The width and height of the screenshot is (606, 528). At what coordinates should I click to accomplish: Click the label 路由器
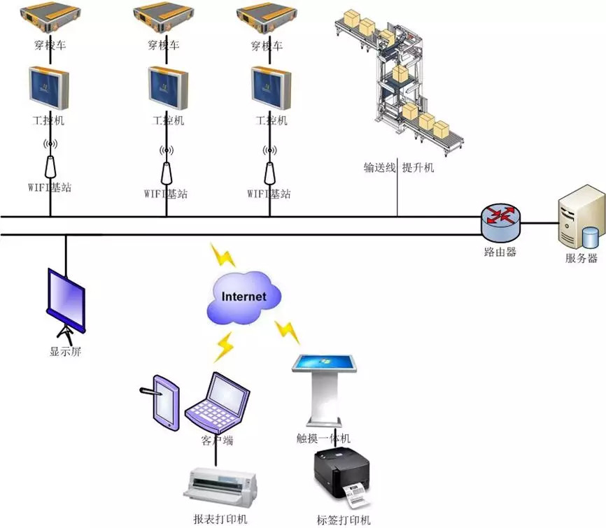[x=500, y=252]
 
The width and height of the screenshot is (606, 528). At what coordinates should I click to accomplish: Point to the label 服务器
[x=581, y=258]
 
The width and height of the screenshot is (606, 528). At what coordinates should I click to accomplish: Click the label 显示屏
[x=66, y=352]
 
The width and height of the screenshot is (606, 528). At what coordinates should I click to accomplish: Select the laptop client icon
[x=219, y=404]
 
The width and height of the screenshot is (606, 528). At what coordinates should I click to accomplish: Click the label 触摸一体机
[x=323, y=438]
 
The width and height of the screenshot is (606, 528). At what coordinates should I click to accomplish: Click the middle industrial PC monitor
[x=167, y=88]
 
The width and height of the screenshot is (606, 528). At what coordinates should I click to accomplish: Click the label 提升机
[x=418, y=168]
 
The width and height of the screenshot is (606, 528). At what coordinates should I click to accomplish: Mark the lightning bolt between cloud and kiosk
[x=287, y=331]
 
